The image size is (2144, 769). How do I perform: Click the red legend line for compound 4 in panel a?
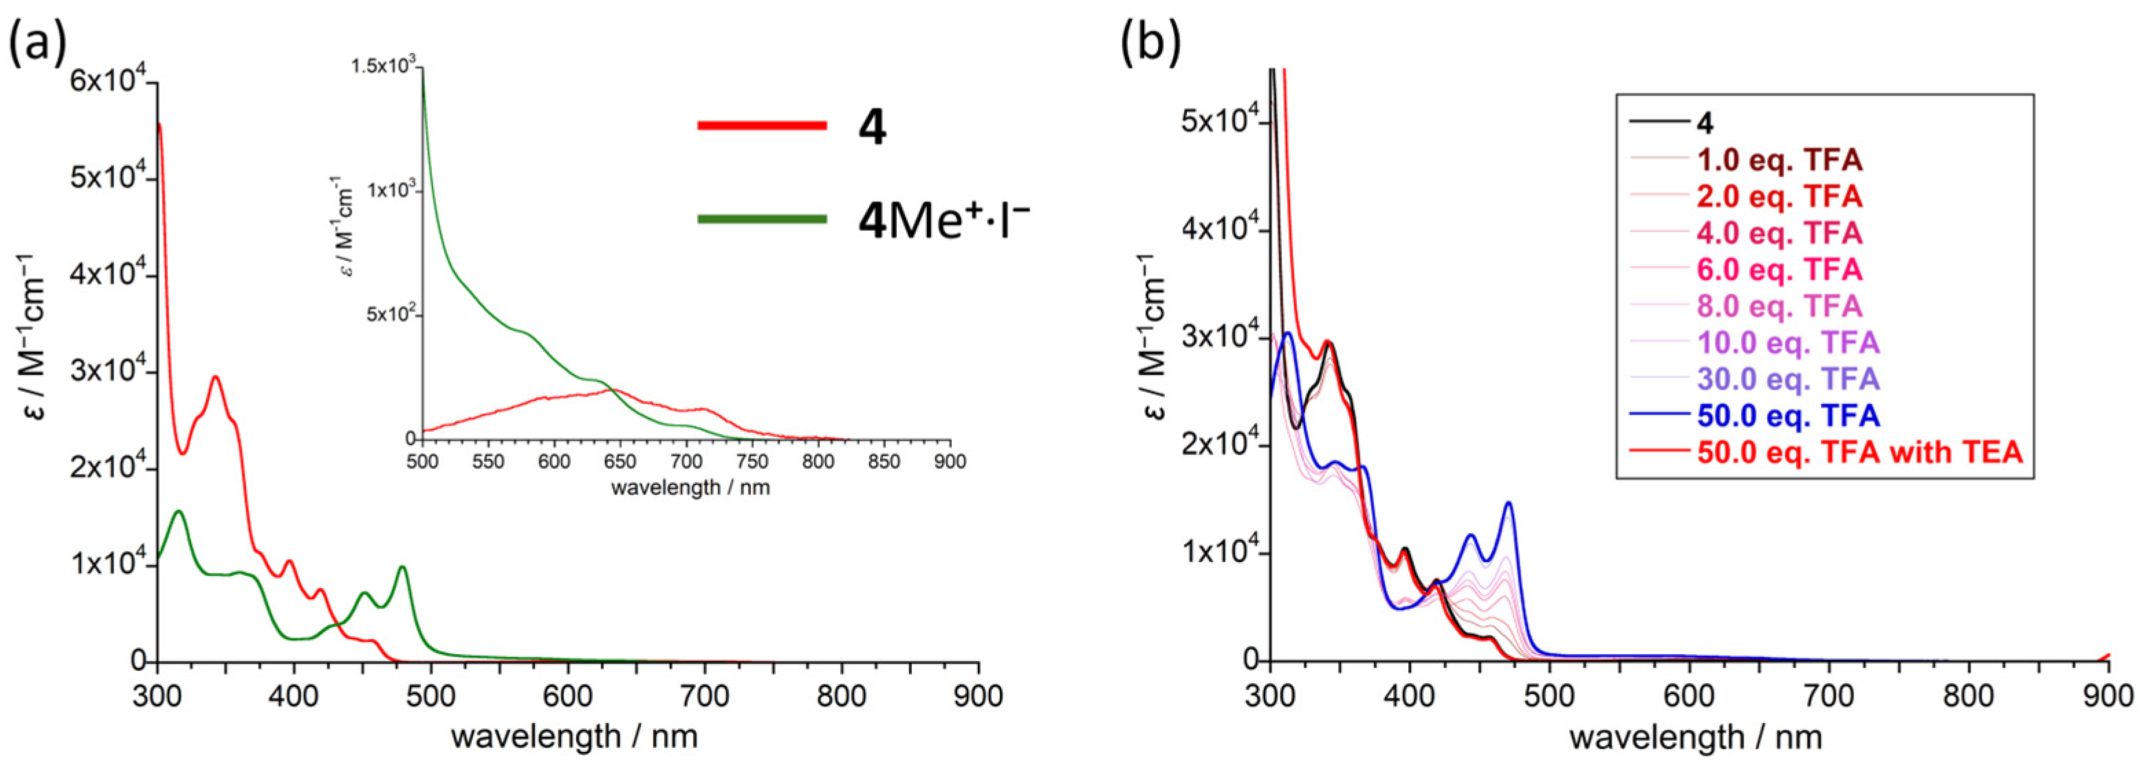click(x=762, y=126)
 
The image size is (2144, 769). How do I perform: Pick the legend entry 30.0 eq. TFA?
click(x=1788, y=379)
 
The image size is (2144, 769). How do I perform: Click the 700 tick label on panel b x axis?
click(x=1828, y=695)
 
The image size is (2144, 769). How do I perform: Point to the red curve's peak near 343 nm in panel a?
click(x=215, y=377)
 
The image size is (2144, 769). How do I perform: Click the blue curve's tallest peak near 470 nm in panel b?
click(x=1508, y=502)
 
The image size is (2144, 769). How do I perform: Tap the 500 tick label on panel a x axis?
click(x=430, y=695)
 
